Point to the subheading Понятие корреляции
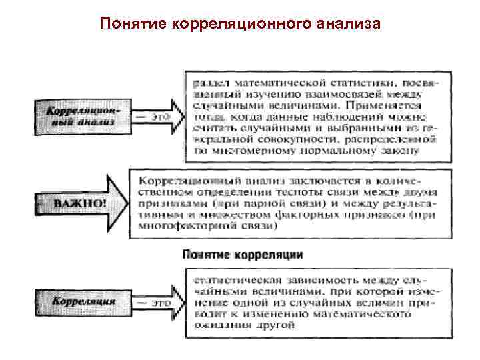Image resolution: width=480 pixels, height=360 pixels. pos(242,255)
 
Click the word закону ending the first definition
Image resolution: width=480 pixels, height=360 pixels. pos(399,150)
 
